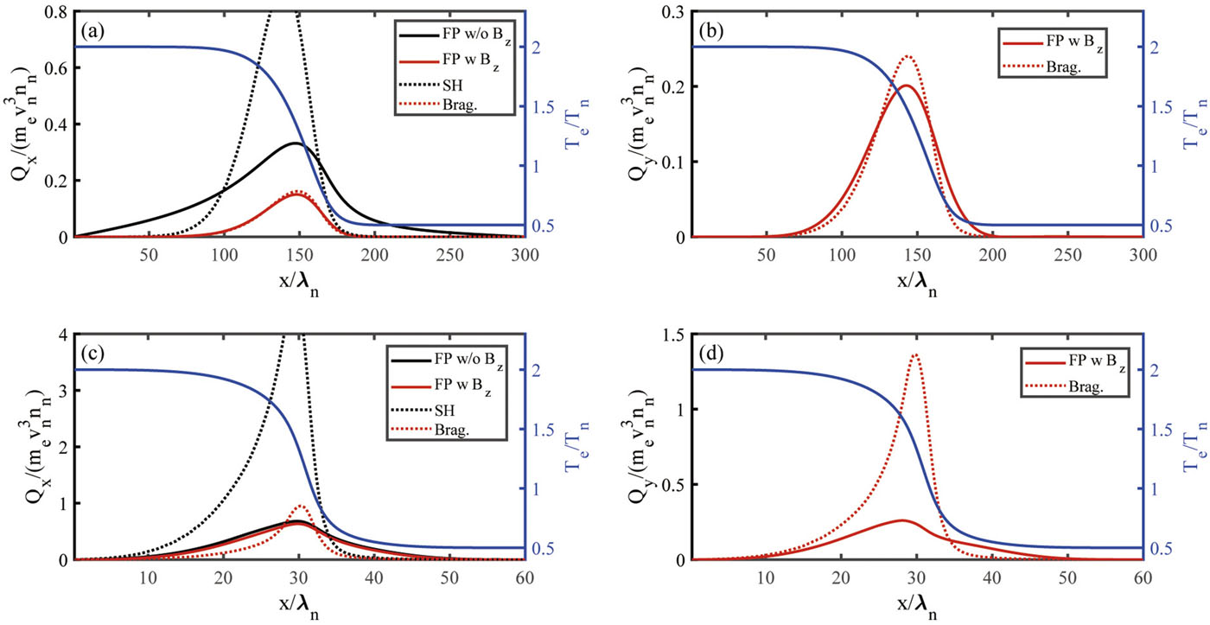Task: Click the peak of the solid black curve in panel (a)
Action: pos(296,143)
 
